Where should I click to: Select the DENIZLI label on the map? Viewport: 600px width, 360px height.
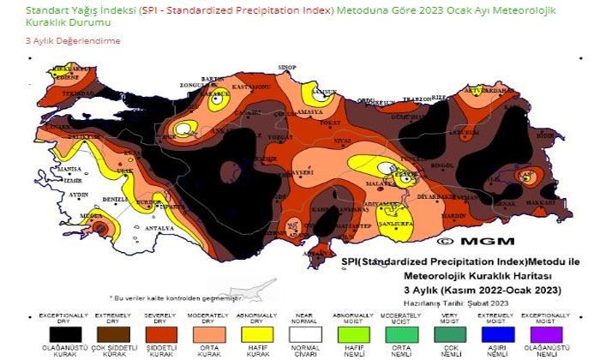tap(114, 200)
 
